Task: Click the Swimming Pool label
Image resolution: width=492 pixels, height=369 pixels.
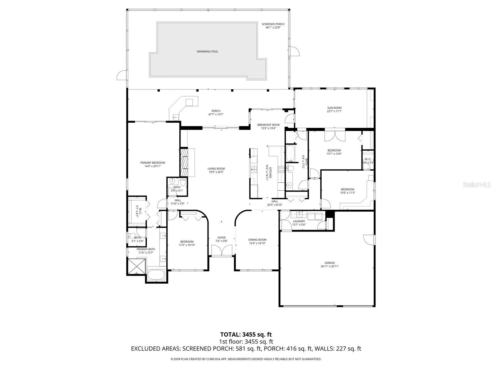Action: point(207,52)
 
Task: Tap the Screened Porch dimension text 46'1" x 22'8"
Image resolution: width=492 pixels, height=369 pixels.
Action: point(273,27)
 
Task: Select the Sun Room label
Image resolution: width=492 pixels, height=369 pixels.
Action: point(334,108)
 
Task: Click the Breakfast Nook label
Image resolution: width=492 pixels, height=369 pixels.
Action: point(268,125)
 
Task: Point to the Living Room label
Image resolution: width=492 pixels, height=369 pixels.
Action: point(216,169)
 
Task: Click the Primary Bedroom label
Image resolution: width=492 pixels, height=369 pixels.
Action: point(153,163)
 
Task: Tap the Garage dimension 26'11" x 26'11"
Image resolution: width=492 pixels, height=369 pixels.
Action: point(330,267)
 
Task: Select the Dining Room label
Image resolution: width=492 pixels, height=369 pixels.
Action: point(257,240)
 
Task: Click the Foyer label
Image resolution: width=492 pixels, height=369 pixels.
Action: point(221,238)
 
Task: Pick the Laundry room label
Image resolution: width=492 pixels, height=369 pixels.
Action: point(299,221)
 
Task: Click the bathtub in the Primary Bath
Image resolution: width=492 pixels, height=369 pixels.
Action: point(156,275)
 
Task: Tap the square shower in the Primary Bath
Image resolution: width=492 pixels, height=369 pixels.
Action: point(137,266)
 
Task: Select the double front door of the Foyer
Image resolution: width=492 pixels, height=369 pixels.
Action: point(222,251)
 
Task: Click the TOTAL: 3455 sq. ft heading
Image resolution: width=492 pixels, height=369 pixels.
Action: point(246,334)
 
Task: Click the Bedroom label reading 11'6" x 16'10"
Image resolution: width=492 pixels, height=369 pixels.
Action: point(187,242)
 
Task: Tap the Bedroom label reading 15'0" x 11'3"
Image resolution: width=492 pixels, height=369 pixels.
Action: point(347,189)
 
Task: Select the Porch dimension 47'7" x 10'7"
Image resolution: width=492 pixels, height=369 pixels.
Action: point(216,114)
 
